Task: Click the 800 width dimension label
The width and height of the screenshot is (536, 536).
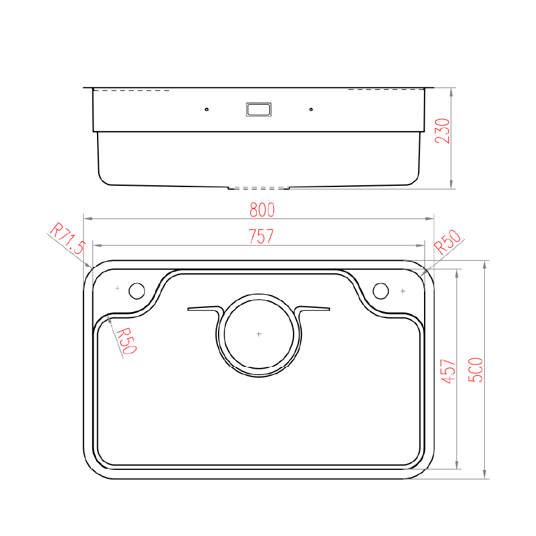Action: (262, 210)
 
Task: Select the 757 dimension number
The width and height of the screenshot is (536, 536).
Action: (261, 236)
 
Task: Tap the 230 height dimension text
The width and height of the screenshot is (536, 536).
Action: (442, 131)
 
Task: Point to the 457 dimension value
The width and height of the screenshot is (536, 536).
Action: (448, 371)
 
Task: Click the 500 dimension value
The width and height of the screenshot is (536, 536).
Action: (475, 369)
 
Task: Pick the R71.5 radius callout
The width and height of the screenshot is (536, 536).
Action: (67, 238)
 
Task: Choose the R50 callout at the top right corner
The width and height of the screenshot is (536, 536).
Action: (448, 242)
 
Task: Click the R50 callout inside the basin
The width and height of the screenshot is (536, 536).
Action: (126, 341)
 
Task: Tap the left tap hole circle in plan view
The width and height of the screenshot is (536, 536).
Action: (137, 291)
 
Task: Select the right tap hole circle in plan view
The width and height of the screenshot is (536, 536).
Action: (381, 291)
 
